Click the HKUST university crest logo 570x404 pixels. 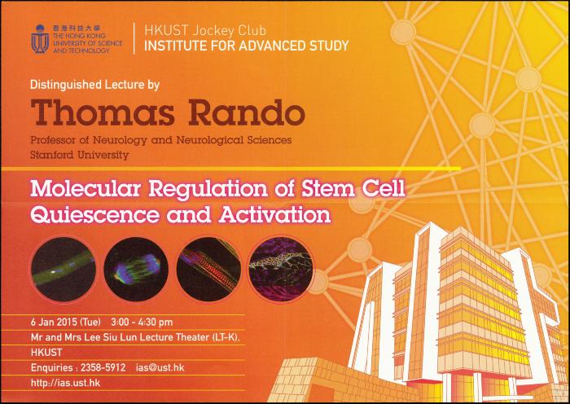40,39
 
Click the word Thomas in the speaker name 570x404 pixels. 103,112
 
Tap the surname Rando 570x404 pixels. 247,112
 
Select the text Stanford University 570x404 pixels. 80,156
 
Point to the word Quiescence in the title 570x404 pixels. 95,215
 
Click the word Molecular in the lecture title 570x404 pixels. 85,189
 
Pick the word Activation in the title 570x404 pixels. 275,214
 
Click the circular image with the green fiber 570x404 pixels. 64,270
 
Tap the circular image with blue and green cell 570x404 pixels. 136,270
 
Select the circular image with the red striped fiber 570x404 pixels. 208,270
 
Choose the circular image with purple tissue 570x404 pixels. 280,270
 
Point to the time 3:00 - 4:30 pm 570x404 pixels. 142,323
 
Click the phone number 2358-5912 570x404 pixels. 103,367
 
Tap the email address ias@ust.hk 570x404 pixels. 160,367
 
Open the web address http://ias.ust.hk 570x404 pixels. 65,383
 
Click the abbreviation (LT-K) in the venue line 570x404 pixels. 226,337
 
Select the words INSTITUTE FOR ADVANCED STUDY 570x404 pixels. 247,46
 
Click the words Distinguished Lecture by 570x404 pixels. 95,85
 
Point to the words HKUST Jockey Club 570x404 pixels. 205,30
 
